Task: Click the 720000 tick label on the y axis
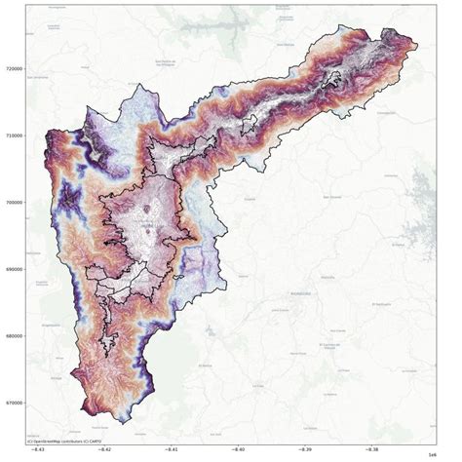point(13,69)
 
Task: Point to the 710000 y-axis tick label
point(13,136)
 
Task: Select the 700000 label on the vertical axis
point(13,204)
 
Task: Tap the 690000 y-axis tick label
point(13,270)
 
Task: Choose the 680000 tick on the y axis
point(13,337)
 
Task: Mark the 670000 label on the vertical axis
point(13,404)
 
